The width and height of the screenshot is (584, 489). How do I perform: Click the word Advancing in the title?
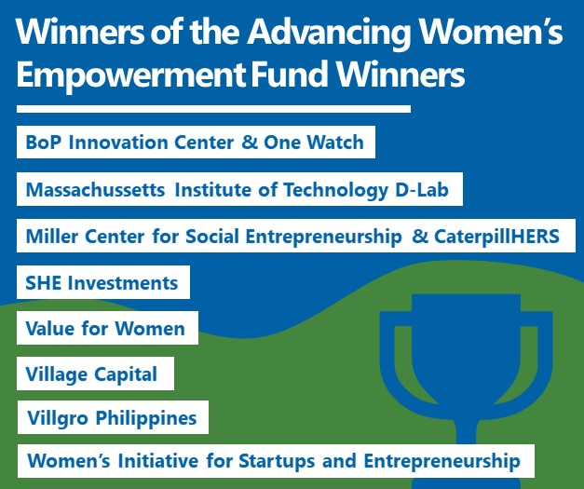coord(329,33)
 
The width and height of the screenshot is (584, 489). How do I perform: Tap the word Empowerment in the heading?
coord(130,75)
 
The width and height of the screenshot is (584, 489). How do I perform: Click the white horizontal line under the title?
coord(214,109)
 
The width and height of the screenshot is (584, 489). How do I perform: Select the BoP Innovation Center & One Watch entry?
coord(196,142)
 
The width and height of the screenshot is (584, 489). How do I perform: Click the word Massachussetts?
coord(95,189)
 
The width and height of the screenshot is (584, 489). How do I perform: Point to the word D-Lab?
coord(422,189)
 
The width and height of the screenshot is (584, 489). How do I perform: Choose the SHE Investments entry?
coord(103,282)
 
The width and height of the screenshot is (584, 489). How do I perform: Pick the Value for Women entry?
coord(108,328)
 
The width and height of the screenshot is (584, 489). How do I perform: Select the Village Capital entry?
coord(95,374)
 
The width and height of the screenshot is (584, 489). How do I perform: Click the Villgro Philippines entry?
coord(113,417)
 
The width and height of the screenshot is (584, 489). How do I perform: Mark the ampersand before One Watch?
coord(250,142)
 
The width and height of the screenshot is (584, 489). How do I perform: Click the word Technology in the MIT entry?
coord(335,190)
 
